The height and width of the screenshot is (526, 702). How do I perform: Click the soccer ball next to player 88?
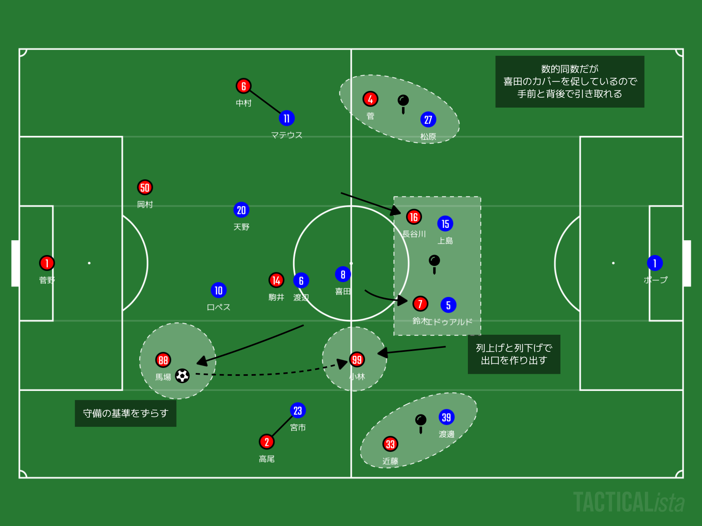tap(182, 376)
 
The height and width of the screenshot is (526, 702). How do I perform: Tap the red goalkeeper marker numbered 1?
tap(47, 263)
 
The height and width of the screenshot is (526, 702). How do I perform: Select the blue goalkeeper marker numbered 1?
tap(655, 263)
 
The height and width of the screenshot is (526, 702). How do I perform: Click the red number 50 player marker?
tap(145, 187)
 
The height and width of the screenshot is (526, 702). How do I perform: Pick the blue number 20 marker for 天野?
tap(241, 210)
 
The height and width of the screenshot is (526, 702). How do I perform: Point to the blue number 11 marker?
tap(286, 118)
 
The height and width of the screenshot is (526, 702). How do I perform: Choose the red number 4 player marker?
tap(370, 99)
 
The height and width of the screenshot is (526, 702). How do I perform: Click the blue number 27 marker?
tap(428, 120)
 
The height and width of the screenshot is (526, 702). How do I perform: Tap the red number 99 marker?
tap(357, 360)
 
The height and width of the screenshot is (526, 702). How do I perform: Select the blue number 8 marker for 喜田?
tap(343, 274)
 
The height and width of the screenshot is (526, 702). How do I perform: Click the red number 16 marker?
tap(414, 217)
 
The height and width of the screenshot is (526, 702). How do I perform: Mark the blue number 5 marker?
tap(448, 305)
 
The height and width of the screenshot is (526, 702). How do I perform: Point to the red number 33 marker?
tap(390, 444)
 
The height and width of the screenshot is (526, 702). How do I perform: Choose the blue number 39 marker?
tap(446, 417)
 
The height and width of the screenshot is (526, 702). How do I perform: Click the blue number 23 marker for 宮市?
tap(298, 410)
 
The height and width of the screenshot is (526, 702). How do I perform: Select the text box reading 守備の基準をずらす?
tap(126, 413)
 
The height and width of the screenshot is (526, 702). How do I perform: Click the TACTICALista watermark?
tap(629, 502)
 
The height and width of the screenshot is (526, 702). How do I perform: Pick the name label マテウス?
tap(286, 135)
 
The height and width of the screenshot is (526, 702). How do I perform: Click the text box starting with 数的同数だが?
tap(570, 82)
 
